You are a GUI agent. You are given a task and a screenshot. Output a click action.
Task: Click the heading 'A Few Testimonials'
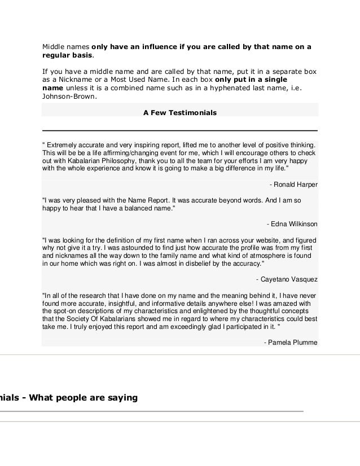click(180, 113)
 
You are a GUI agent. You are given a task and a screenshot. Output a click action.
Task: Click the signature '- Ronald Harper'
click(293, 184)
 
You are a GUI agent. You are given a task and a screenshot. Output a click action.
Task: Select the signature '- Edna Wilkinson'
click(292, 224)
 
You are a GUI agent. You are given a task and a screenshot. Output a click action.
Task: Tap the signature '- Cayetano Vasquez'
click(287, 279)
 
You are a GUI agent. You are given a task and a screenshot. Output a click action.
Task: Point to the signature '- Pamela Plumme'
click(291, 342)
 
